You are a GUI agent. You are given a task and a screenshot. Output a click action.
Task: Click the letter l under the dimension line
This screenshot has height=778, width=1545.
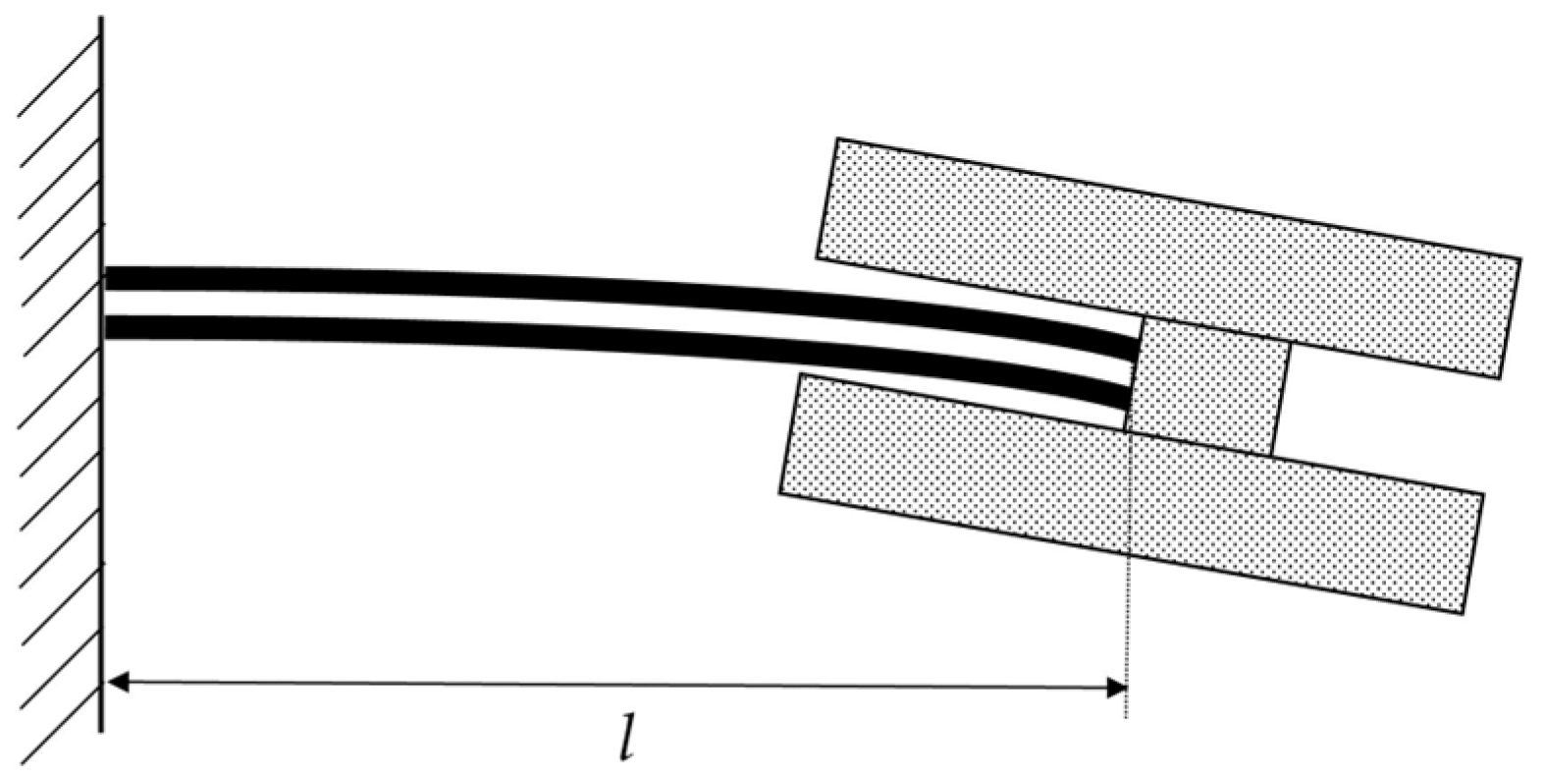(627, 738)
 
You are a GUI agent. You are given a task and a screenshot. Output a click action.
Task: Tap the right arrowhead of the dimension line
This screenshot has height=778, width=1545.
(1116, 688)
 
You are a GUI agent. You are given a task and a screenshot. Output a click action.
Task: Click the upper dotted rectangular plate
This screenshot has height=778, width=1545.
(1168, 258)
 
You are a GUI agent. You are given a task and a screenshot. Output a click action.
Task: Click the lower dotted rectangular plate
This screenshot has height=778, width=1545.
(1132, 493)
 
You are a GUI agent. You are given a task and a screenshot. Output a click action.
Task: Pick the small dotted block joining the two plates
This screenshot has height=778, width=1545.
(1207, 387)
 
